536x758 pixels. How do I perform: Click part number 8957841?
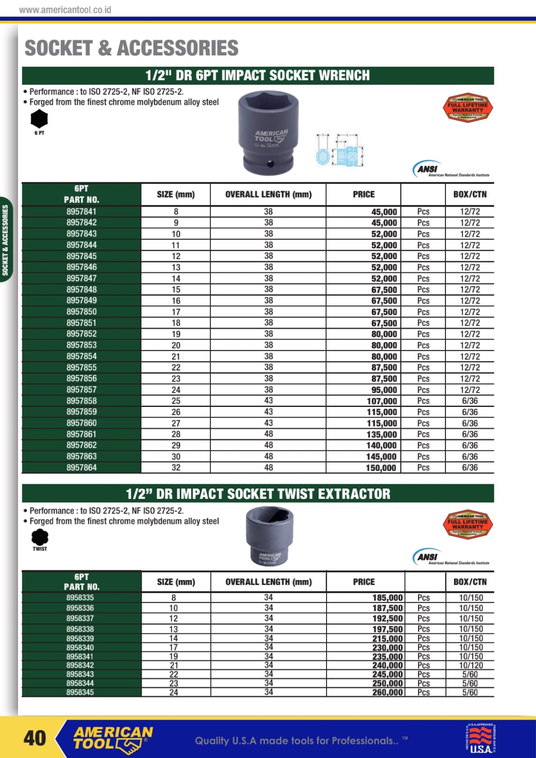click(x=82, y=212)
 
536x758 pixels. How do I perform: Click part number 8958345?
click(x=80, y=692)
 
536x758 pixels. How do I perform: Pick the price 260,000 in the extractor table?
click(x=387, y=692)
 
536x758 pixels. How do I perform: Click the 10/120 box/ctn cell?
click(x=471, y=665)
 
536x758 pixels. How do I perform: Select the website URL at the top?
click(x=65, y=9)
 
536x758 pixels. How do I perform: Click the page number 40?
click(x=35, y=738)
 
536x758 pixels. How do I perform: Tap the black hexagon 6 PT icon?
click(x=39, y=119)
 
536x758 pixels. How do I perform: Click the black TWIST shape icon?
click(x=40, y=537)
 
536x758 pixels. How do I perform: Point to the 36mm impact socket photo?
click(x=268, y=134)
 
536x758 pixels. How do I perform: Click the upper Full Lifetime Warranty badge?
click(x=467, y=108)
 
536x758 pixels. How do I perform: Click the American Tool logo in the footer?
click(x=113, y=738)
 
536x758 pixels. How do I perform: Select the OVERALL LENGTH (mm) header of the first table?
click(x=268, y=194)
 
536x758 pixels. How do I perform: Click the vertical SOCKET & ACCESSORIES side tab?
click(x=6, y=240)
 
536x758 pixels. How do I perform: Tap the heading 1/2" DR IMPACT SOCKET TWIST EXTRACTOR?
click(x=258, y=494)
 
